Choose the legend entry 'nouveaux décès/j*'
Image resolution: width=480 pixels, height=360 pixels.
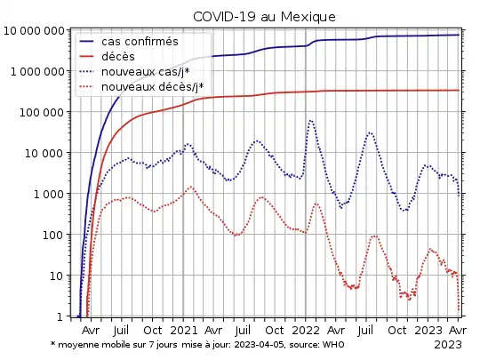[152, 87]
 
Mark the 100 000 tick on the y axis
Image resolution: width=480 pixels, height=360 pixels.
[42, 112]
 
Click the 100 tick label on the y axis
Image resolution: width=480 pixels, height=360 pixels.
[54, 235]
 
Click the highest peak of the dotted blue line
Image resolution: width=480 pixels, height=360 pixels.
[310, 120]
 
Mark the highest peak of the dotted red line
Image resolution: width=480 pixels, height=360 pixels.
[190, 187]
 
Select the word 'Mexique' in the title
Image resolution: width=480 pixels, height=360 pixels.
[305, 17]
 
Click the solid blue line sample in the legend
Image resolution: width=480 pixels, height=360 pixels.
[88, 42]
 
